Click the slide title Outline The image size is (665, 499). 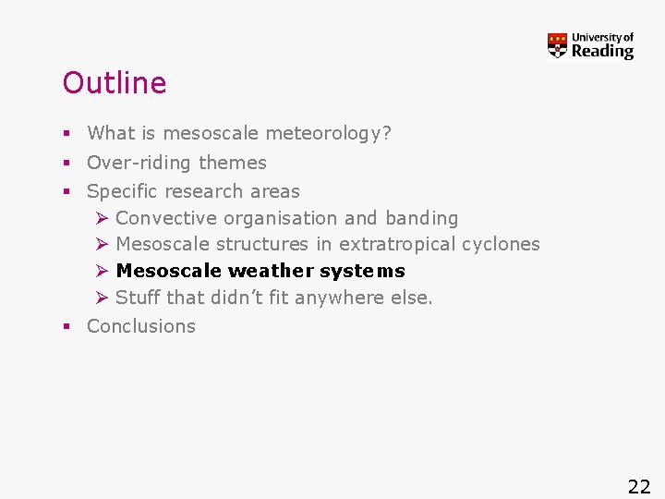(x=115, y=83)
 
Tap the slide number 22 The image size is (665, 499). (x=639, y=487)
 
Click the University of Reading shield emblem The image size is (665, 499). (x=557, y=45)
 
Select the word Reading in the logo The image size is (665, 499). (x=602, y=52)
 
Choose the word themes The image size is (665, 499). (x=232, y=163)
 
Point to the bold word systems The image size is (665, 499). (x=362, y=271)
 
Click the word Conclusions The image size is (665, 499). (x=141, y=326)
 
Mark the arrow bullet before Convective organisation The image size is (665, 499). (x=102, y=218)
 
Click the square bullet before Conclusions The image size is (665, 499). (x=66, y=327)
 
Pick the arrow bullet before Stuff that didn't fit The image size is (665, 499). (x=102, y=298)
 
